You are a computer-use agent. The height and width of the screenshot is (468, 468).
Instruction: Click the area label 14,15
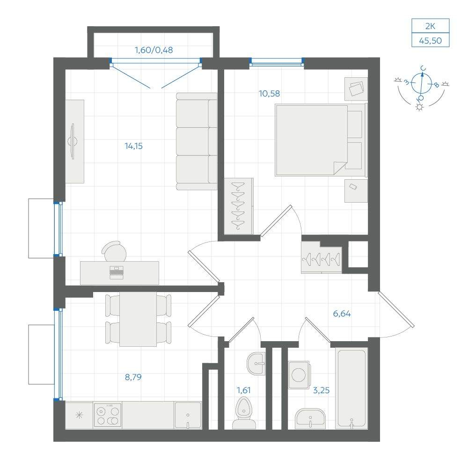(134, 146)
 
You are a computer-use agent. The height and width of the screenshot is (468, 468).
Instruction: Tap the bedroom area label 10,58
(270, 94)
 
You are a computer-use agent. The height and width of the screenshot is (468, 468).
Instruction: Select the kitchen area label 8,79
(133, 377)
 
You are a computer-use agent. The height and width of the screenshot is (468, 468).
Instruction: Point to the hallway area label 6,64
(342, 314)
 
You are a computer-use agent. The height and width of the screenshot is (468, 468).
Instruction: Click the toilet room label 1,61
(243, 390)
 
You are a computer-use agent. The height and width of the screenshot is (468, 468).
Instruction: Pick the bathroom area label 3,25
(321, 390)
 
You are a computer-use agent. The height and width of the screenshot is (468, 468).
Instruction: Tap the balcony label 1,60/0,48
(154, 50)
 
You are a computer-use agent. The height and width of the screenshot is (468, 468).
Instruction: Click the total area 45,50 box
(431, 40)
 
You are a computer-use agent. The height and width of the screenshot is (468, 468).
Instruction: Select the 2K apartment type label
(431, 26)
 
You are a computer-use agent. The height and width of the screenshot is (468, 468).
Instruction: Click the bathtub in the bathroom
(351, 388)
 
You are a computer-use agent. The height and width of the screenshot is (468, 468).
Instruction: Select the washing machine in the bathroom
(299, 375)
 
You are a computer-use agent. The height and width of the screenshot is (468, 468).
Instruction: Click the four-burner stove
(108, 415)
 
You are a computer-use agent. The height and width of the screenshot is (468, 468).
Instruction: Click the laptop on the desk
(117, 272)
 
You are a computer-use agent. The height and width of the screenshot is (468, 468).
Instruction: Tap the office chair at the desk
(114, 251)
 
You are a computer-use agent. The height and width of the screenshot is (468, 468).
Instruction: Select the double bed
(321, 139)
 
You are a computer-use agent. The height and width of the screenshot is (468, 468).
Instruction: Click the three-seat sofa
(197, 141)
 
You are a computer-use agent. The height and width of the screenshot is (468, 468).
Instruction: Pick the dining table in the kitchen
(138, 319)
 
